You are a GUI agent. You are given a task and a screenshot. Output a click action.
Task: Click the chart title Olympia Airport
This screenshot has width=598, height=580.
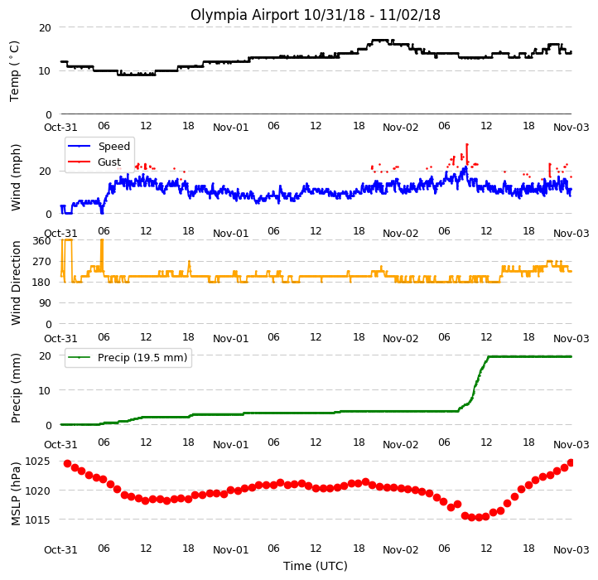pos(244,15)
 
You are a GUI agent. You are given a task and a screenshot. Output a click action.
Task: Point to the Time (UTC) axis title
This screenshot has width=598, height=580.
pos(316,566)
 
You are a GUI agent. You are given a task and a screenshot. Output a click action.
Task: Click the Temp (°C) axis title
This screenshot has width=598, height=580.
pos(14,71)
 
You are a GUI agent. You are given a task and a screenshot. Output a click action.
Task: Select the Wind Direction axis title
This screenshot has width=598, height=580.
pos(16,283)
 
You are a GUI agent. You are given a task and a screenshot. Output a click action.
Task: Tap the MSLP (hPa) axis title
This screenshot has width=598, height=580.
pos(16,494)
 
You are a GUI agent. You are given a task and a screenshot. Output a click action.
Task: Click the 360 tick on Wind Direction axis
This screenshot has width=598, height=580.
pos(41,241)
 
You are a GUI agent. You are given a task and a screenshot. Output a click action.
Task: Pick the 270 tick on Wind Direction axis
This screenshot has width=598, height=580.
pos(41,262)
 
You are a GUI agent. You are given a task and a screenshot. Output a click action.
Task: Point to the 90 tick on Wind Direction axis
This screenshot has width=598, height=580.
pos(45,303)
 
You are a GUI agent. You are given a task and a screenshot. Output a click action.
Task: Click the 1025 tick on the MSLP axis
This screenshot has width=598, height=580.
pos(37,462)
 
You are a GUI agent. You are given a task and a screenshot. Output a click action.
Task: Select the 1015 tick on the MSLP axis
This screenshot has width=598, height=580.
pos(37,520)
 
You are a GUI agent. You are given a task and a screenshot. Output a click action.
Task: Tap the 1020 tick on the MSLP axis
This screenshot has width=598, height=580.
pos(37,491)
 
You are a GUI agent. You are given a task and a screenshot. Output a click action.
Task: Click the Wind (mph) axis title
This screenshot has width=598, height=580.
pos(16,177)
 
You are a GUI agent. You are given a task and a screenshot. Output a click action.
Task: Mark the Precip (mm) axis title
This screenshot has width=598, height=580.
pos(16,388)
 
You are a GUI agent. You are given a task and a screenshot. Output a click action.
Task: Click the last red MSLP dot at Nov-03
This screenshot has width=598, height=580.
pos(571,463)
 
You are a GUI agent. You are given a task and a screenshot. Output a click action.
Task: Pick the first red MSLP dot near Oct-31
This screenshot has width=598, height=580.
pos(68,464)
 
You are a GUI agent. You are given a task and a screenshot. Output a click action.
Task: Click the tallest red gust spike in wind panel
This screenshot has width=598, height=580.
pos(467,153)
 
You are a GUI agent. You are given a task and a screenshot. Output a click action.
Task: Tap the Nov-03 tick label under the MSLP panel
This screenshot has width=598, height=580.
pos(571,549)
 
